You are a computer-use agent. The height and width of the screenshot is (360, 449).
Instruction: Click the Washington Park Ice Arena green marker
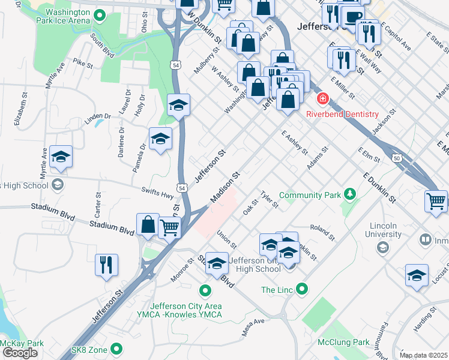[x=100, y=16]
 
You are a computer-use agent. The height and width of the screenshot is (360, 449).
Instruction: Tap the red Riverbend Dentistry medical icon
[x=323, y=98]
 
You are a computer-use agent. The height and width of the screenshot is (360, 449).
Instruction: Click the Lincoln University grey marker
[x=382, y=247]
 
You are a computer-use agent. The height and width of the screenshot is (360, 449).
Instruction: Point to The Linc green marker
[x=302, y=290]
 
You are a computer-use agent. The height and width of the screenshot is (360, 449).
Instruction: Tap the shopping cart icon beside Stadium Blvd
[x=170, y=227]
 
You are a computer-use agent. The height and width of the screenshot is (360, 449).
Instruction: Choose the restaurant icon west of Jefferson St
[x=106, y=265]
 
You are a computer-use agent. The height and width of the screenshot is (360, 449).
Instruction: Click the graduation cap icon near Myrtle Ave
[x=61, y=157]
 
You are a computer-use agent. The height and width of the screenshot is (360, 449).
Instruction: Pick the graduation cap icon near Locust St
[x=417, y=275]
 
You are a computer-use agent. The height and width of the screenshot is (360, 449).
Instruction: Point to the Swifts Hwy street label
[x=157, y=192]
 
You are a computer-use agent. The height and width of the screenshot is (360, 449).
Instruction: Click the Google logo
[x=20, y=353]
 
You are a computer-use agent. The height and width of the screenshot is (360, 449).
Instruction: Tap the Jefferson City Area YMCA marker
[x=205, y=292]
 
